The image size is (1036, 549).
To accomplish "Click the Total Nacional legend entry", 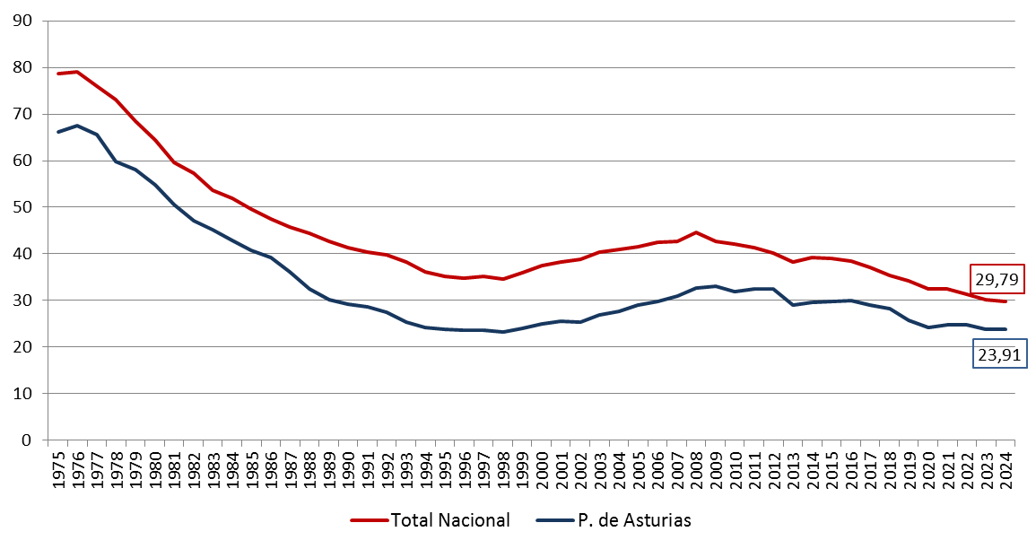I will [430, 520].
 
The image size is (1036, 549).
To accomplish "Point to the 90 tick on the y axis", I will [24, 21].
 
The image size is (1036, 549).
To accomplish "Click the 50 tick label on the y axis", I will [24, 207].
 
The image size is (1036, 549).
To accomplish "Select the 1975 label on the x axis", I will [58, 470].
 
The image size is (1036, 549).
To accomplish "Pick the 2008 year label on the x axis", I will [696, 470].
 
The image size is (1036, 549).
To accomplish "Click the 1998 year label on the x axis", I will [502, 470].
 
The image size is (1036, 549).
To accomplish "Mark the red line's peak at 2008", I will [696, 232].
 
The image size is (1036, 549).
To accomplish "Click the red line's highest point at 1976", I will [77, 72].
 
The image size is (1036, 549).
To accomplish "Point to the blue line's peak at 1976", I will [77, 126].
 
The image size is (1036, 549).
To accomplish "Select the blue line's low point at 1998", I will [502, 332].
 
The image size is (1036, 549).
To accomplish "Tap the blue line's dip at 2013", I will [792, 305].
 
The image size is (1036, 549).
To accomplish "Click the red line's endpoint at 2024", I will [1005, 301].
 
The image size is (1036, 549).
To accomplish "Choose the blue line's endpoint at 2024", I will [1005, 329].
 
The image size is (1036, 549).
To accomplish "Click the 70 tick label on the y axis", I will [24, 114].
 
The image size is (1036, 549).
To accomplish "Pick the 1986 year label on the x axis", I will [271, 470].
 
